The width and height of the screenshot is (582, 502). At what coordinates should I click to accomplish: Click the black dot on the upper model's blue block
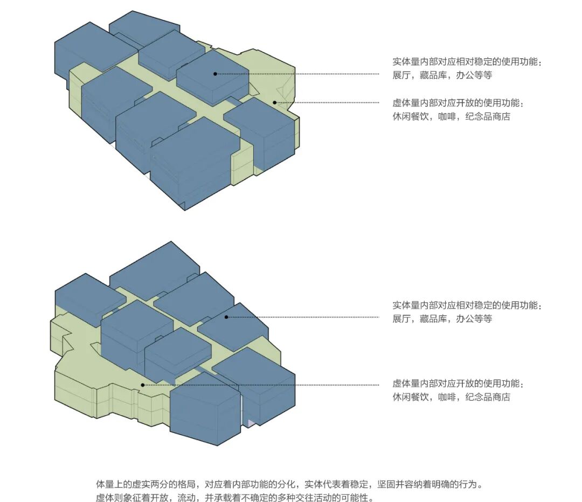[x=215, y=74]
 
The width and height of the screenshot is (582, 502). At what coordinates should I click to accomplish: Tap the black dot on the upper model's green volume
[x=274, y=102]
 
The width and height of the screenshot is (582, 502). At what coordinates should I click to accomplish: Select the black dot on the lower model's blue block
[x=226, y=317]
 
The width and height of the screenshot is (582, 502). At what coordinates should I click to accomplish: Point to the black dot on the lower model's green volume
[x=142, y=385]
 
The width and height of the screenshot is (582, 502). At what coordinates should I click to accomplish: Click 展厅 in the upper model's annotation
[x=401, y=76]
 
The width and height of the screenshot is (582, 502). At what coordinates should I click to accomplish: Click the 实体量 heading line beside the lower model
[x=467, y=305]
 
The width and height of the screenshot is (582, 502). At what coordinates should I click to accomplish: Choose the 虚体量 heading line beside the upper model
[x=458, y=103]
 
